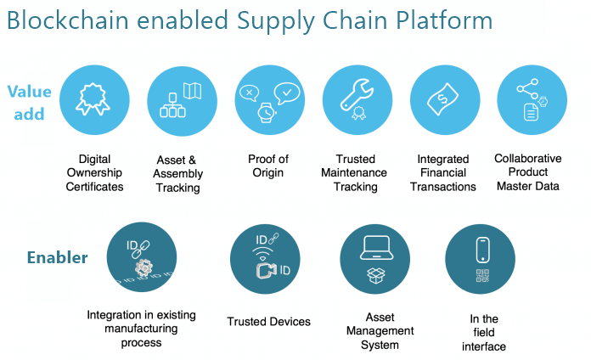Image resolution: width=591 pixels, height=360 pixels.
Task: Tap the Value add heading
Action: pyautogui.click(x=30, y=101)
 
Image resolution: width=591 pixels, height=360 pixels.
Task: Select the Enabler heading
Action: pyautogui.click(x=57, y=256)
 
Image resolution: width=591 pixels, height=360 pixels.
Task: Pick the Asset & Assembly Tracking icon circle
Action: pyautogui.click(x=183, y=100)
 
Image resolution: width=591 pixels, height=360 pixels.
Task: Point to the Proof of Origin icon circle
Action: pyautogui.click(x=268, y=100)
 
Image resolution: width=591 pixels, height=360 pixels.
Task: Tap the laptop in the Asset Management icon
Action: pyautogui.click(x=374, y=247)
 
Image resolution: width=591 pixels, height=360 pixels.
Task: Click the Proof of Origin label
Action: pyautogui.click(x=268, y=166)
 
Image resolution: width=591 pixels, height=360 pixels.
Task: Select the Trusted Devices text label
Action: pyautogui.click(x=268, y=322)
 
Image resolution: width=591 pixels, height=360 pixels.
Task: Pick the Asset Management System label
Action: pyautogui.click(x=374, y=331)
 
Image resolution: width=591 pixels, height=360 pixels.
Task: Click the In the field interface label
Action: pyautogui.click(x=484, y=333)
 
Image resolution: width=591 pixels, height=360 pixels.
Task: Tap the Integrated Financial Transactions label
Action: pyautogui.click(x=443, y=172)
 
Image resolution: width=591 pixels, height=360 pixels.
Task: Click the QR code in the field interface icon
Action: pyautogui.click(x=481, y=275)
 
